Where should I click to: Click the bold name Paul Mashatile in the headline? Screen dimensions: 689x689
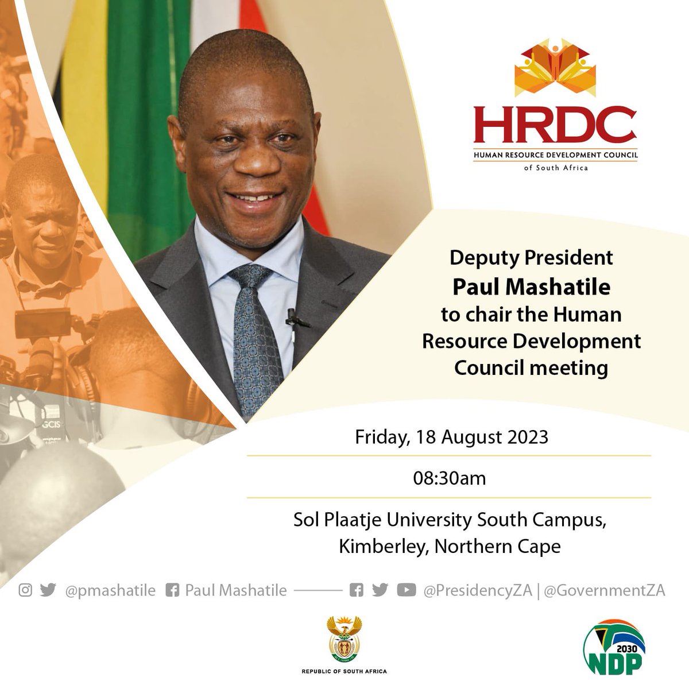(x=531, y=287)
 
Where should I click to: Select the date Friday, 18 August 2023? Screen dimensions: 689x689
(x=451, y=437)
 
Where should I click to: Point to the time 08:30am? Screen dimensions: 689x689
(x=449, y=478)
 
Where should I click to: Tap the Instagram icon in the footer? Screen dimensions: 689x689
(x=25, y=590)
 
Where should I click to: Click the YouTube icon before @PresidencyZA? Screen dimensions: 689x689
(x=406, y=590)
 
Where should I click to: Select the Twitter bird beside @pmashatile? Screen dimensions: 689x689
(x=48, y=590)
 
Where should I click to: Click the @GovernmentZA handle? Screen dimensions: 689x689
(x=604, y=590)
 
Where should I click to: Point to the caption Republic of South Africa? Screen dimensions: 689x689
(x=344, y=671)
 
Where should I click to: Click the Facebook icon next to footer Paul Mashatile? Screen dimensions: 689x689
(x=172, y=590)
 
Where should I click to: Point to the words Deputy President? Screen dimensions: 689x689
(x=531, y=258)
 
